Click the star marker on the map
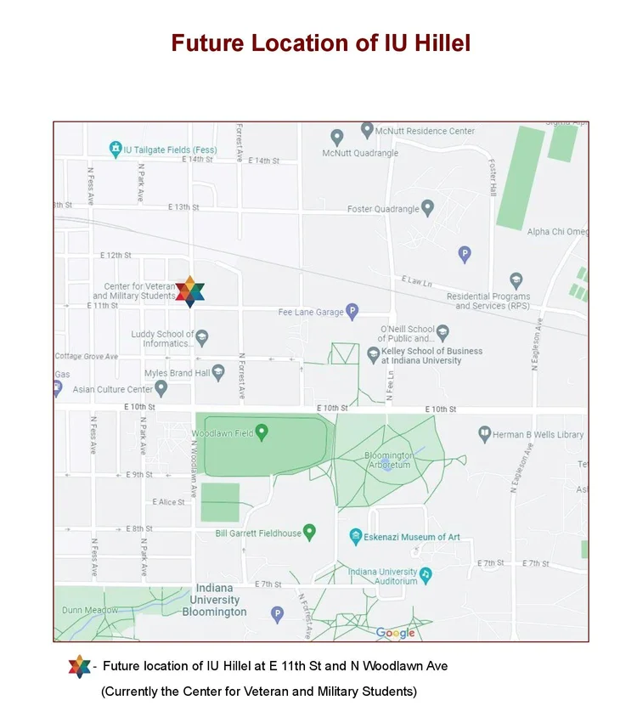[190, 291]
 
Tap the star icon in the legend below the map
[79, 667]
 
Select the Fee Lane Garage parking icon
[352, 312]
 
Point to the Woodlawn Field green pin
[262, 432]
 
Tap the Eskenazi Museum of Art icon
[356, 537]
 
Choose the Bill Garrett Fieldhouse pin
[310, 532]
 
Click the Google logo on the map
[396, 633]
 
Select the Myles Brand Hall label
[177, 373]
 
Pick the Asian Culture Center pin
[161, 388]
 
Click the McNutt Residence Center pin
[367, 130]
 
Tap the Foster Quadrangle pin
[428, 207]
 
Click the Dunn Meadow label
[90, 610]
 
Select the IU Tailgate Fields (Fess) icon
[116, 150]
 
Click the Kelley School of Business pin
[373, 354]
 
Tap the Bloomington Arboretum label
[388, 460]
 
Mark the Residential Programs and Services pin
[516, 280]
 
